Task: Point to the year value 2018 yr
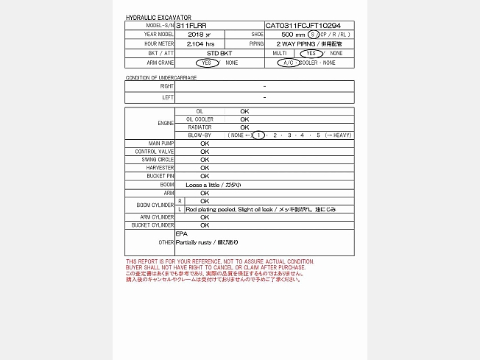199,35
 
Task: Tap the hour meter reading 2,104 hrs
200,44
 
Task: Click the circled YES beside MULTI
311,54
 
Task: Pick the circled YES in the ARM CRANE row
207,63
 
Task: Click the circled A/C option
287,63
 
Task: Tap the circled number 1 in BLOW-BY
258,135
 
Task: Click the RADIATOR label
199,127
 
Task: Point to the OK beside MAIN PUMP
205,143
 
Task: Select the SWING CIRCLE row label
161,160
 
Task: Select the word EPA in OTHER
181,233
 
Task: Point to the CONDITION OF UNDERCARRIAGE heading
160,77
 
